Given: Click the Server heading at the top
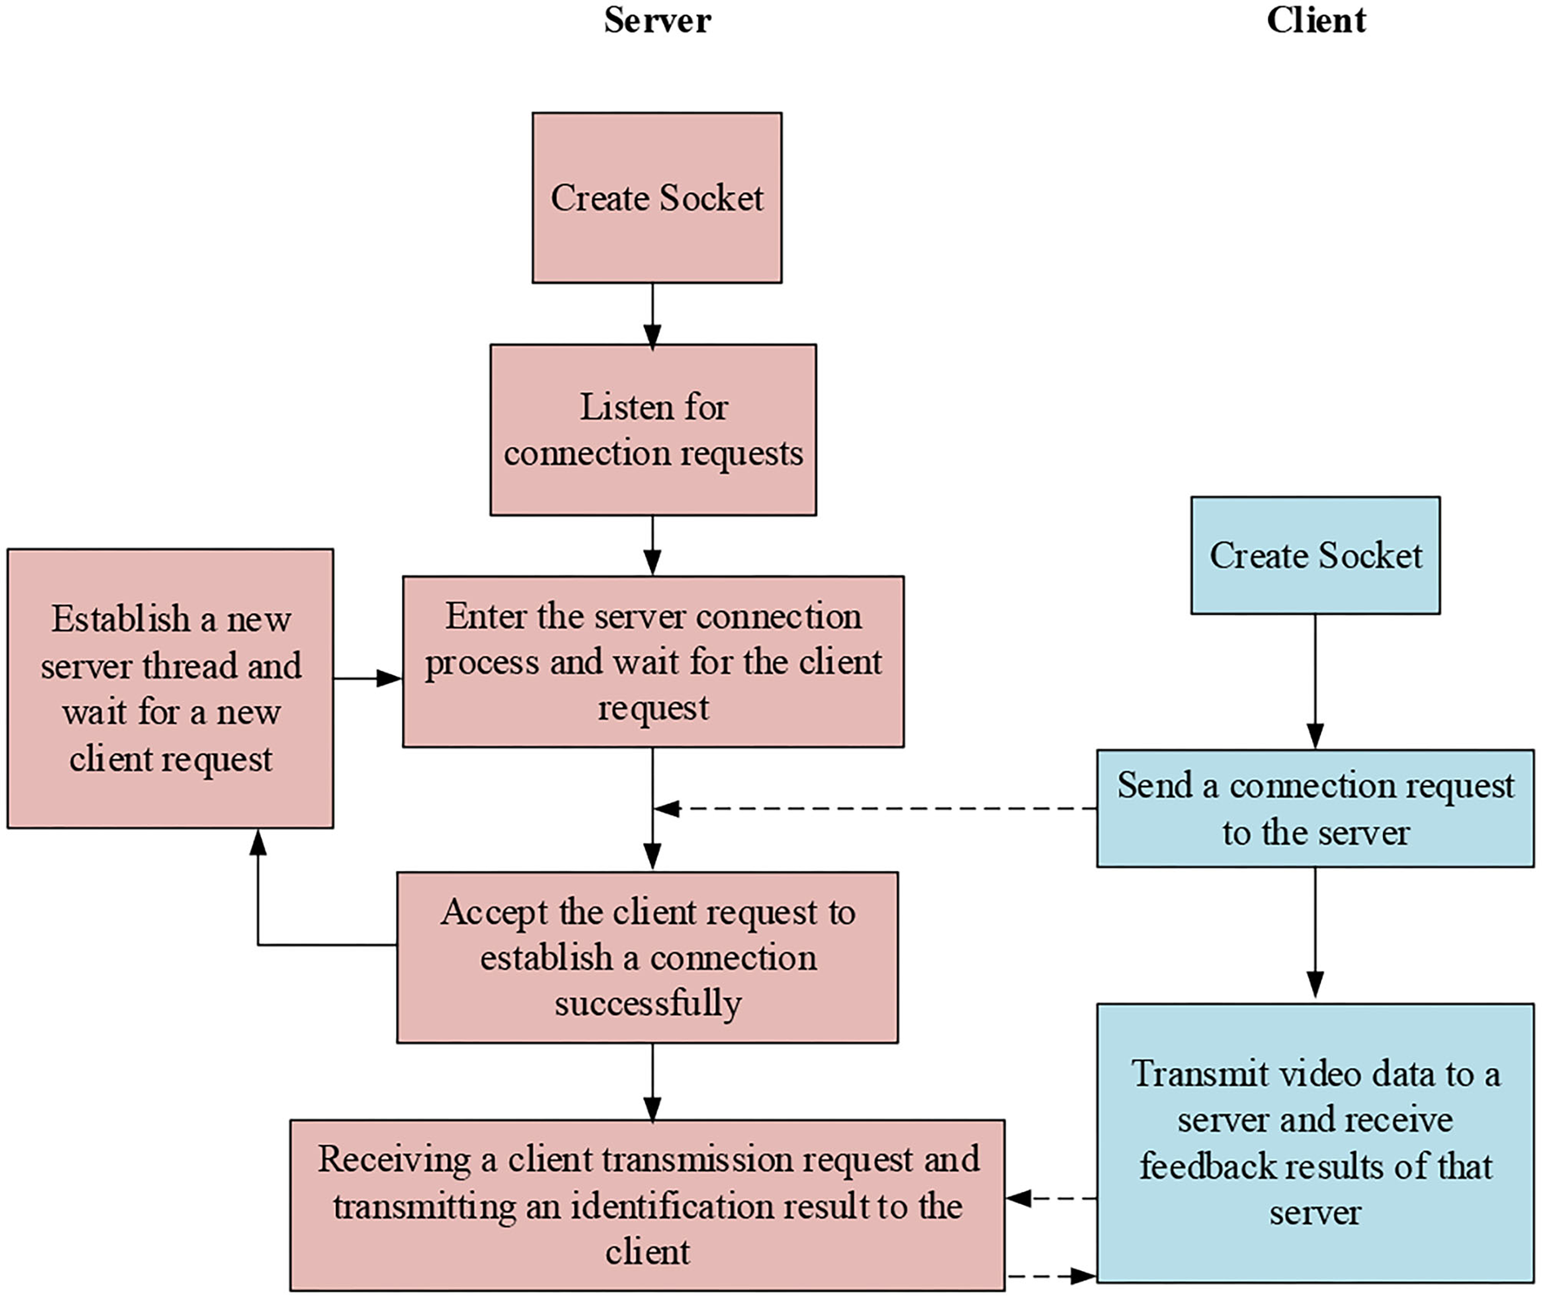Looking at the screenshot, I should tap(657, 20).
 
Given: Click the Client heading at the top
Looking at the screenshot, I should tap(1316, 20).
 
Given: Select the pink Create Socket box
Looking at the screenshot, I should tap(657, 197).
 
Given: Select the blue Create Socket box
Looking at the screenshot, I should tap(1315, 555).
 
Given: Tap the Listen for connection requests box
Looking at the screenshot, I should tap(653, 430).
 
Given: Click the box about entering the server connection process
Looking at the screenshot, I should tap(653, 661).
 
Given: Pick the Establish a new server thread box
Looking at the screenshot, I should tap(171, 688).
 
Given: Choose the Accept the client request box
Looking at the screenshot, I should tap(647, 957).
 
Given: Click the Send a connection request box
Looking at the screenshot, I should tap(1315, 808).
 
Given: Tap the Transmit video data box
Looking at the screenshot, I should tap(1315, 1142).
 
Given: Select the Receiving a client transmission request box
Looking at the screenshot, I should tap(647, 1205).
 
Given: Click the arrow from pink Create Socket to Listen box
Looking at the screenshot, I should tap(653, 314).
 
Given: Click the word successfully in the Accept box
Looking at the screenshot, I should tap(647, 1004).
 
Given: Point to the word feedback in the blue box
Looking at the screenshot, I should tap(1208, 1167).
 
